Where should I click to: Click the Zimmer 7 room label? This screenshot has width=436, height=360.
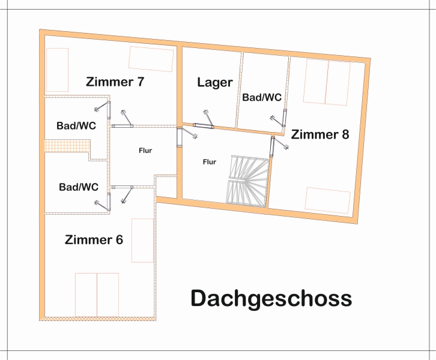(x=115, y=81)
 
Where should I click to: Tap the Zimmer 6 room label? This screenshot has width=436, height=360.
(x=94, y=240)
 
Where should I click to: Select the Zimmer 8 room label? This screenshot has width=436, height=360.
(x=320, y=134)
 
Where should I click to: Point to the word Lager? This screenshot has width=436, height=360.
(x=214, y=82)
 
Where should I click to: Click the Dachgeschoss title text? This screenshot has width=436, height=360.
(x=271, y=298)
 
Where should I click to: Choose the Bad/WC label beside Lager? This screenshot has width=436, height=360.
(x=261, y=97)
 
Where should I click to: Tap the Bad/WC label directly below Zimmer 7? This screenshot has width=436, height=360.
(x=76, y=126)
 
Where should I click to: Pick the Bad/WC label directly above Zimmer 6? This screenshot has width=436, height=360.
(x=79, y=187)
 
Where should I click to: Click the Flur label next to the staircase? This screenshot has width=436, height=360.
(x=210, y=161)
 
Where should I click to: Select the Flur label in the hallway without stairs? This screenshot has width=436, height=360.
(x=145, y=151)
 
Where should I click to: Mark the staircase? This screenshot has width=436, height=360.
(x=246, y=180)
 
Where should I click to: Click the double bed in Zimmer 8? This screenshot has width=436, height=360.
(x=327, y=82)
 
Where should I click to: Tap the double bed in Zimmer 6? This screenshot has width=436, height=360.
(x=97, y=294)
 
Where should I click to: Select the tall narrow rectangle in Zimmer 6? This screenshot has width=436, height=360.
(x=142, y=240)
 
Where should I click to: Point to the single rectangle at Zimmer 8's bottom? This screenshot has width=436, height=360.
(x=327, y=200)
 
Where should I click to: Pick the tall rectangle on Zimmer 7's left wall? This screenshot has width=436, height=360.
(x=58, y=70)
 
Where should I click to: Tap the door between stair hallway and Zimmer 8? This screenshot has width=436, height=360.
(x=273, y=145)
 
